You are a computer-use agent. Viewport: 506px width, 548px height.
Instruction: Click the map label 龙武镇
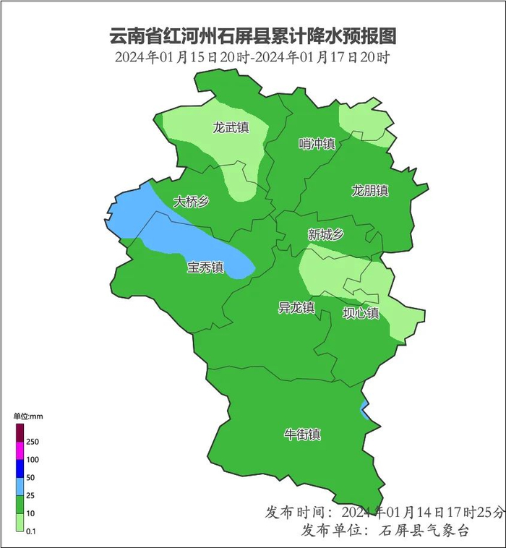[231, 128]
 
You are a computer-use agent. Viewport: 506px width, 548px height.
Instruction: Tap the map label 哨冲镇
[317, 144]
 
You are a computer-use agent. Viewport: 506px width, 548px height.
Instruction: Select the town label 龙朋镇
[370, 191]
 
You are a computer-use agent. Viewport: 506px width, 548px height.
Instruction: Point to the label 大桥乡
[191, 202]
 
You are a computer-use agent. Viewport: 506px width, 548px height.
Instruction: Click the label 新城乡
[325, 234]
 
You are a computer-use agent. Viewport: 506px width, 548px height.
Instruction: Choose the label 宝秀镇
[205, 267]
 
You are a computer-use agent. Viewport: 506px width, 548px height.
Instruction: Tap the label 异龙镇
[296, 307]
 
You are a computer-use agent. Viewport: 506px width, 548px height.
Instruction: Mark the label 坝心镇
[361, 313]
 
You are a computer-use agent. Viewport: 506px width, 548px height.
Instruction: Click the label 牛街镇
[302, 434]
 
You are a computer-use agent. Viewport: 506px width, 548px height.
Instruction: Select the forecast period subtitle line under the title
[252, 58]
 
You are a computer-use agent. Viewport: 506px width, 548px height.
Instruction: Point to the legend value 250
[33, 442]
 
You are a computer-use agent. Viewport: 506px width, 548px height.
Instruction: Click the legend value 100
[33, 460]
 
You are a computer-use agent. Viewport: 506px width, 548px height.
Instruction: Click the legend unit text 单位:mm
[28, 416]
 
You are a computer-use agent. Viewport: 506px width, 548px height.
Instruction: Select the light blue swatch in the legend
[20, 487]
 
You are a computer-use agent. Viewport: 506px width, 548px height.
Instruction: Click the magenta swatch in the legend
[20, 450]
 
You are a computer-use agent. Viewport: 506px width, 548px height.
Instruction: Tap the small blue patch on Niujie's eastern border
[365, 410]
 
